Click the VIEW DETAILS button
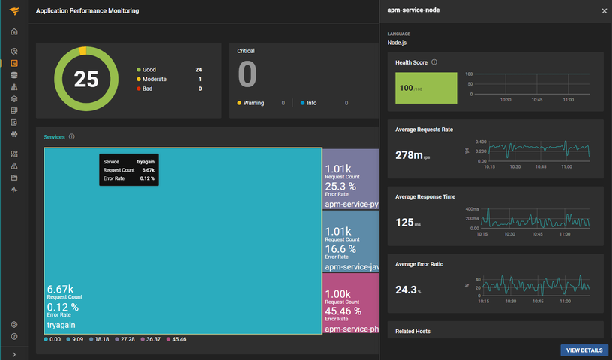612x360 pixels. [x=583, y=350]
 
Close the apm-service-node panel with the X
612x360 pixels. [x=604, y=11]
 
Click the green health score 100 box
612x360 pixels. [x=426, y=88]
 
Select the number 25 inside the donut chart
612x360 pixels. [x=86, y=79]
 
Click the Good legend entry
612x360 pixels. [x=149, y=70]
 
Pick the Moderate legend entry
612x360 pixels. [x=154, y=79]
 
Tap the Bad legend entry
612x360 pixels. [x=148, y=88]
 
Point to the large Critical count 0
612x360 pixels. [x=247, y=75]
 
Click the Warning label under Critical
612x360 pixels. [x=253, y=103]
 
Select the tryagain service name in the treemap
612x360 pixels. [x=61, y=325]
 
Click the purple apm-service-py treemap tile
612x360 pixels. [x=351, y=180]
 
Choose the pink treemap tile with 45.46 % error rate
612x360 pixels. [x=351, y=304]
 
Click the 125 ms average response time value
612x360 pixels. [x=406, y=223]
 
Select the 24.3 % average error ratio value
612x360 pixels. [x=406, y=289]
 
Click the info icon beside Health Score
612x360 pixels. [x=434, y=62]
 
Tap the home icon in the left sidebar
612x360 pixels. [x=14, y=31]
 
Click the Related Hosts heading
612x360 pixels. [x=413, y=331]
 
